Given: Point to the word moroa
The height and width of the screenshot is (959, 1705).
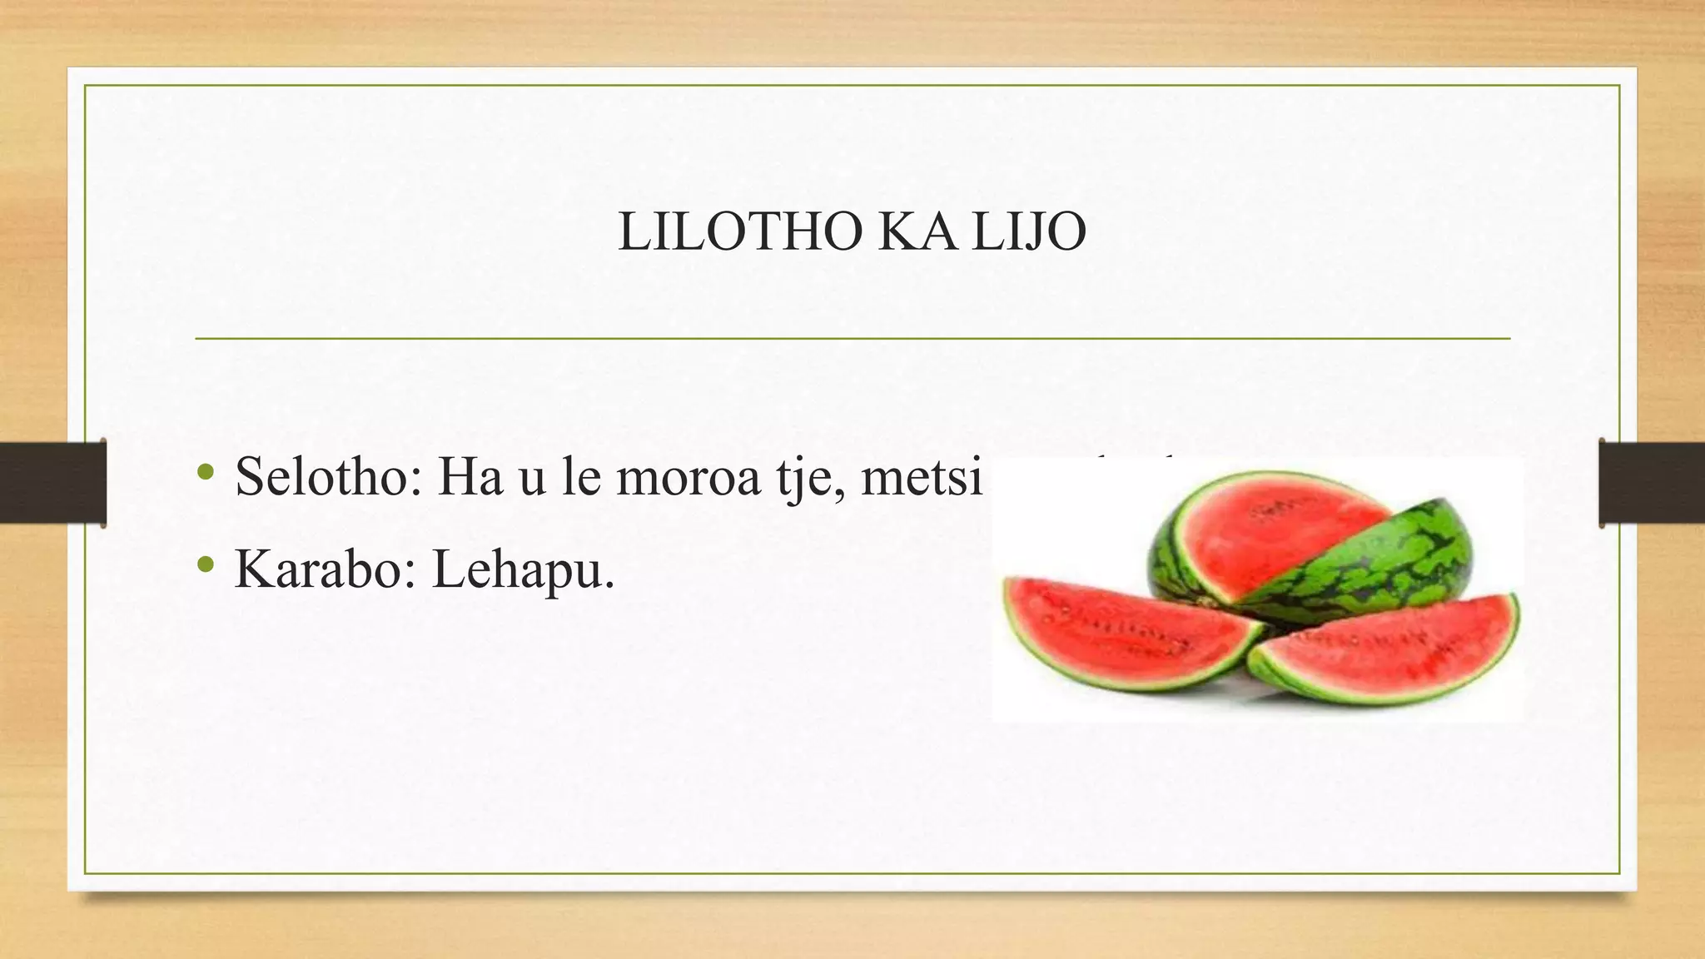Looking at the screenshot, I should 688,477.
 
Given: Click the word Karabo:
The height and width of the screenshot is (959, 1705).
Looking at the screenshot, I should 326,569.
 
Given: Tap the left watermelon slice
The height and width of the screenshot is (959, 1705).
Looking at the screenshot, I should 1124,633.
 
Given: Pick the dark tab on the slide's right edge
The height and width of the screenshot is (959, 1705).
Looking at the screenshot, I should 1652,483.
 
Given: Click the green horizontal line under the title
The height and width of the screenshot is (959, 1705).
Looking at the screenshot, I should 852,339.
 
